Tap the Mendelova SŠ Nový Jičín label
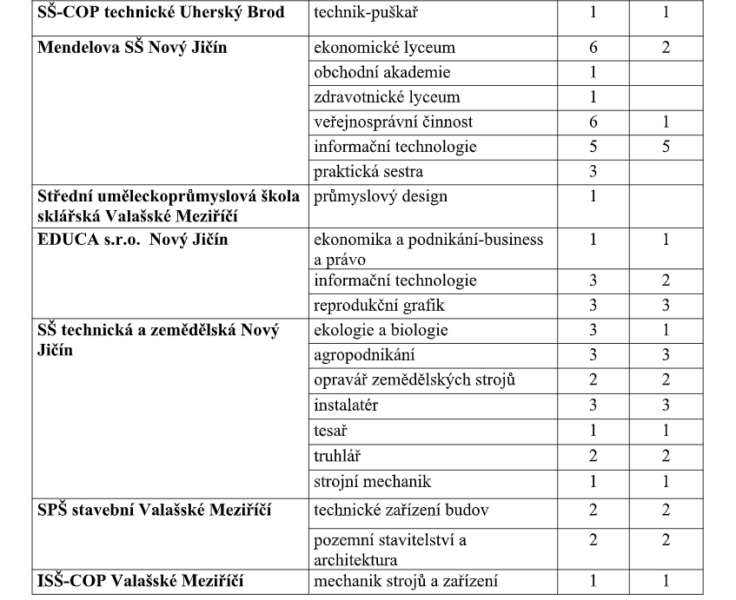coord(132,47)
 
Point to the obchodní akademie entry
coord(381,73)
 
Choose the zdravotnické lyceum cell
coord(386,97)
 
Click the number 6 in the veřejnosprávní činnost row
coord(593,122)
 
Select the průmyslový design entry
coord(380,196)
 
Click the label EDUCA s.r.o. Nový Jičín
coord(132,240)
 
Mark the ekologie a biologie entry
coord(380,330)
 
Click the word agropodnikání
coord(364,354)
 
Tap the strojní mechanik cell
coord(372,481)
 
